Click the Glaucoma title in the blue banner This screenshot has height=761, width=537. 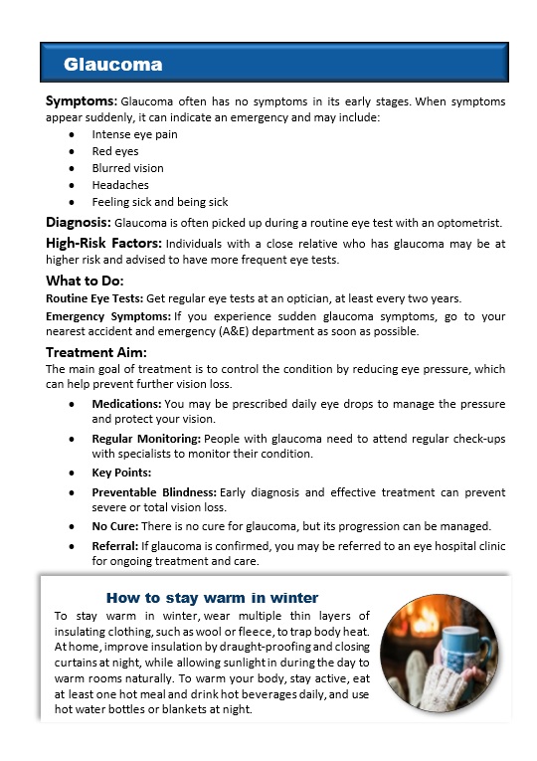coord(112,65)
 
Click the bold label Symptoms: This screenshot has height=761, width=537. coord(82,101)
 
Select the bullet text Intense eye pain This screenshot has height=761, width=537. coord(134,134)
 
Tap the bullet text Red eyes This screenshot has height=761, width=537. coord(114,151)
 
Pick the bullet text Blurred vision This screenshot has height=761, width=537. coord(127,168)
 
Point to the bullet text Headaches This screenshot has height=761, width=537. coord(120,185)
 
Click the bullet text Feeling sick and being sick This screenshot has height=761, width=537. coord(159,202)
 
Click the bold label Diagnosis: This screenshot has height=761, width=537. coord(80,222)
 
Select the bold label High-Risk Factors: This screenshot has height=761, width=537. coord(104,243)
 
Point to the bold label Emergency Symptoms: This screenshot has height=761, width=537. coord(108,315)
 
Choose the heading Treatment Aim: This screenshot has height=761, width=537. coord(96,352)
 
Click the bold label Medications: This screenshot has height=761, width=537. coord(126,404)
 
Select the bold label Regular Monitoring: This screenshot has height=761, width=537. coord(146,438)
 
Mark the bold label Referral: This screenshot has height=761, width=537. coord(114,546)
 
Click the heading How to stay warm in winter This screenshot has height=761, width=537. coord(212,598)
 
